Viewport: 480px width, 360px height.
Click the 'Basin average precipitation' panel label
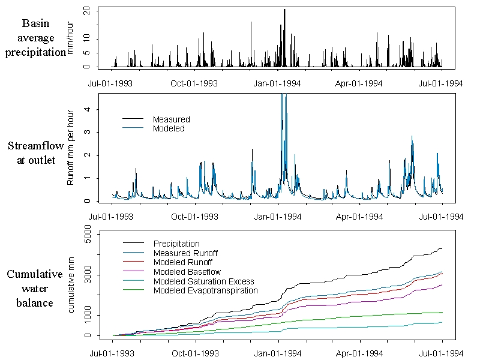pos(35,38)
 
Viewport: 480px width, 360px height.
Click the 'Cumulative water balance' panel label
pos(35,289)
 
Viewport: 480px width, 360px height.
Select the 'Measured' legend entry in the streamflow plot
pos(171,119)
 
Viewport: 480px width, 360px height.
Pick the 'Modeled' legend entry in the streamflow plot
pos(169,128)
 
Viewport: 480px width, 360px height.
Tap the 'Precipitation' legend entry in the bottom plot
pos(176,244)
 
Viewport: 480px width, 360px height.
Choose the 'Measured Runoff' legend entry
pos(184,253)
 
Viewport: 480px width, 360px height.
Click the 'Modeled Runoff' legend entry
pos(182,263)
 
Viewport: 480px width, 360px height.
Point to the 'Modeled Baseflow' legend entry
pos(187,272)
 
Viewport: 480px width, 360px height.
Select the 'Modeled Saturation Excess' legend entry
pos(203,281)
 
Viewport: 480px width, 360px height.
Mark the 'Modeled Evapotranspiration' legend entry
pos(205,291)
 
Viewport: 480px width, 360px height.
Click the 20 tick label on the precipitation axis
pos(87,11)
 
